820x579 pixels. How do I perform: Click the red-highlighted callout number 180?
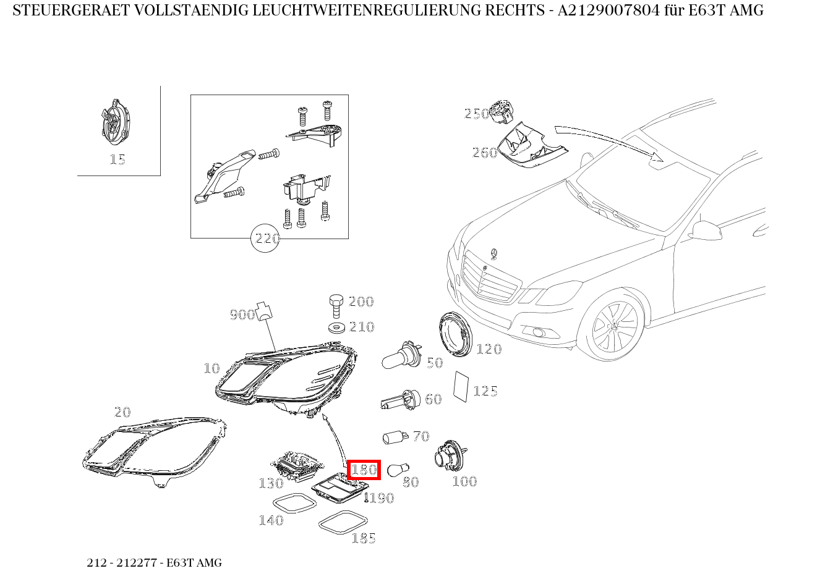point(364,470)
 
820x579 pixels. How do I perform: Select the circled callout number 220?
point(265,238)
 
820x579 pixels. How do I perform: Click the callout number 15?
point(117,159)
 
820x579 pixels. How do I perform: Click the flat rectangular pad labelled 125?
point(461,386)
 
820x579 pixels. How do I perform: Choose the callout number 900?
point(242,315)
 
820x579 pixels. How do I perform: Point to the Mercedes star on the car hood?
point(493,253)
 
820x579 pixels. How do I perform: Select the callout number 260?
point(484,153)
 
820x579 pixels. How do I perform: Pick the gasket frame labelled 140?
point(294,504)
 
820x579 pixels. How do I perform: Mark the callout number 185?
point(364,538)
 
